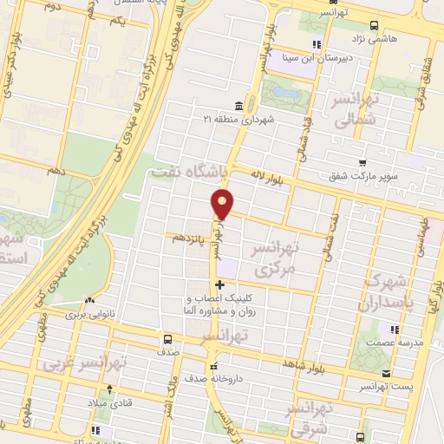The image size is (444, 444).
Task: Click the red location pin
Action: (224, 204)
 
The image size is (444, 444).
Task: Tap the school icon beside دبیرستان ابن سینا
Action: (317, 44)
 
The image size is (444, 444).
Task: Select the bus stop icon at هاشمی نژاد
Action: (374, 24)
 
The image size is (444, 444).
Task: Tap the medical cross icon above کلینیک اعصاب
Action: (220, 284)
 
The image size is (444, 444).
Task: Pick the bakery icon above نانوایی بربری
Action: (87, 303)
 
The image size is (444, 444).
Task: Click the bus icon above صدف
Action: (168, 340)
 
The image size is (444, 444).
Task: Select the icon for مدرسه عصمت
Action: (395, 330)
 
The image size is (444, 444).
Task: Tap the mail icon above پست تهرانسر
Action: (387, 373)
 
